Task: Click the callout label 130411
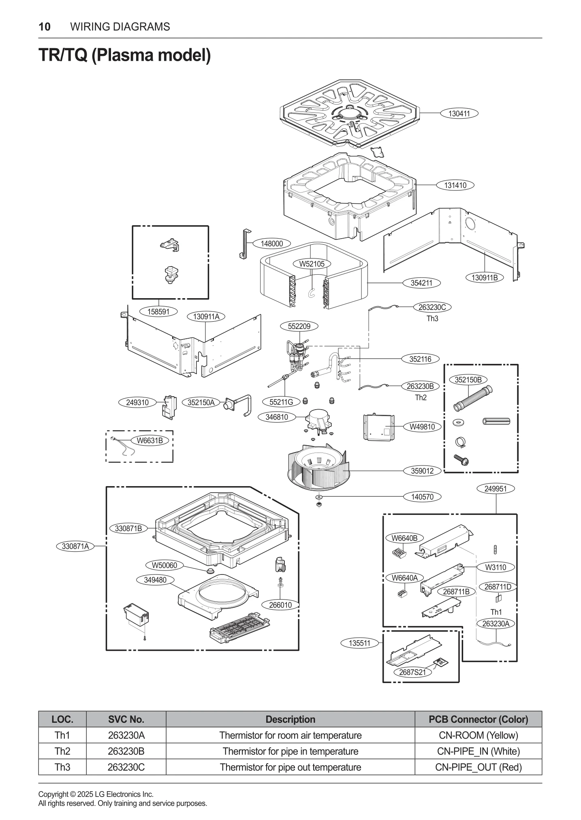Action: [x=459, y=114]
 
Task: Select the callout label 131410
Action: [x=455, y=186]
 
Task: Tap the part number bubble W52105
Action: [x=312, y=264]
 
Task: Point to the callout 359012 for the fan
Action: [x=422, y=471]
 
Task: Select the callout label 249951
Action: [x=496, y=489]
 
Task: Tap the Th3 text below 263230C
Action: [x=432, y=319]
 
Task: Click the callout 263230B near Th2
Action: [x=420, y=387]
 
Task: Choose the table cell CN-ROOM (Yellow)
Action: [x=478, y=735]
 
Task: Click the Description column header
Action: [x=290, y=720]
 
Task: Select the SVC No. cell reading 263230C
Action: [x=126, y=767]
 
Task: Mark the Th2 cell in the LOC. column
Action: [x=62, y=752]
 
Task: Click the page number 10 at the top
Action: [x=45, y=27]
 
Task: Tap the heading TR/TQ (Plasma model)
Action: [x=124, y=56]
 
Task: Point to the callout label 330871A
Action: [x=75, y=546]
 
